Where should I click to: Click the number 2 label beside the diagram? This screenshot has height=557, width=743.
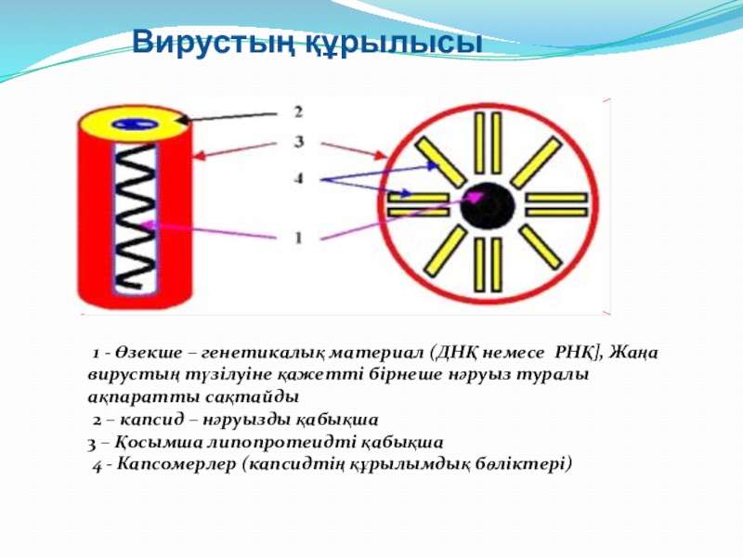[298, 112]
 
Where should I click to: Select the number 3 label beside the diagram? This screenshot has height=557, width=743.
[298, 142]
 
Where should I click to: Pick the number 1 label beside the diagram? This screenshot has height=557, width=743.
[298, 238]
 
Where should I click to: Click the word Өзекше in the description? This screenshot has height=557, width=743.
[142, 354]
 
